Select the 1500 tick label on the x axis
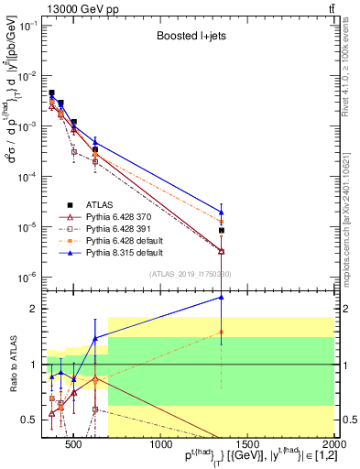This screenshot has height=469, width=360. [247, 445]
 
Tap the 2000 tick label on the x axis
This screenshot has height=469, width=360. [333, 445]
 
